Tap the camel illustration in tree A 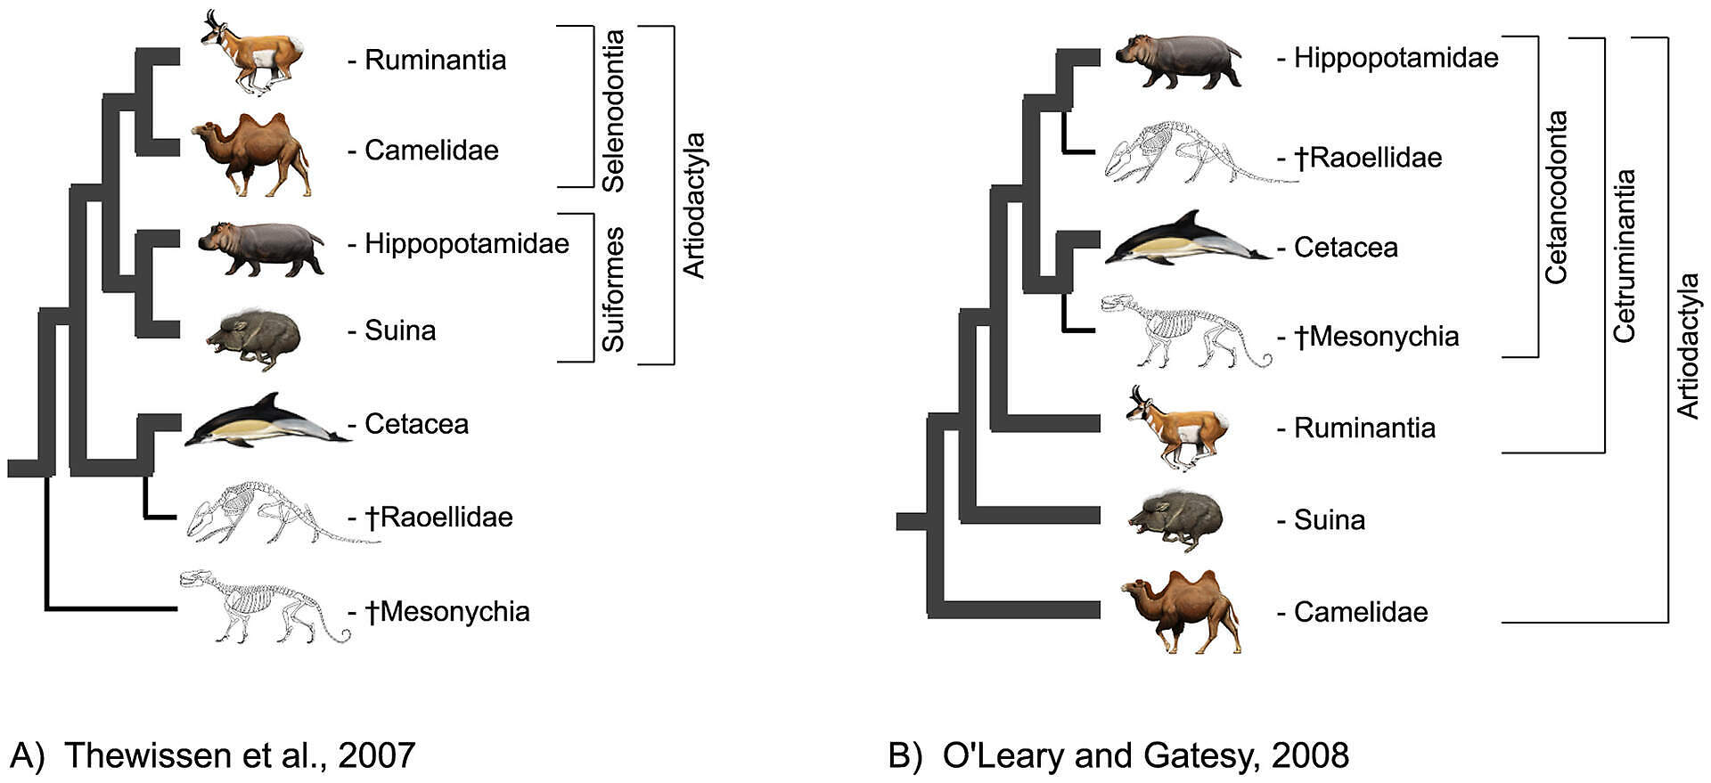click(x=251, y=154)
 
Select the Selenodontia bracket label click(x=613, y=110)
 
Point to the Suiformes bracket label click(x=613, y=289)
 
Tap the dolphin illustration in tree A click(x=267, y=420)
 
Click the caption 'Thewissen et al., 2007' click(x=240, y=755)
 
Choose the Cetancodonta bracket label click(x=1556, y=197)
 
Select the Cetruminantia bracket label click(x=1625, y=256)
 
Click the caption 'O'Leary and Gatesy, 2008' click(x=1146, y=755)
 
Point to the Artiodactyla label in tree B click(x=1688, y=346)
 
